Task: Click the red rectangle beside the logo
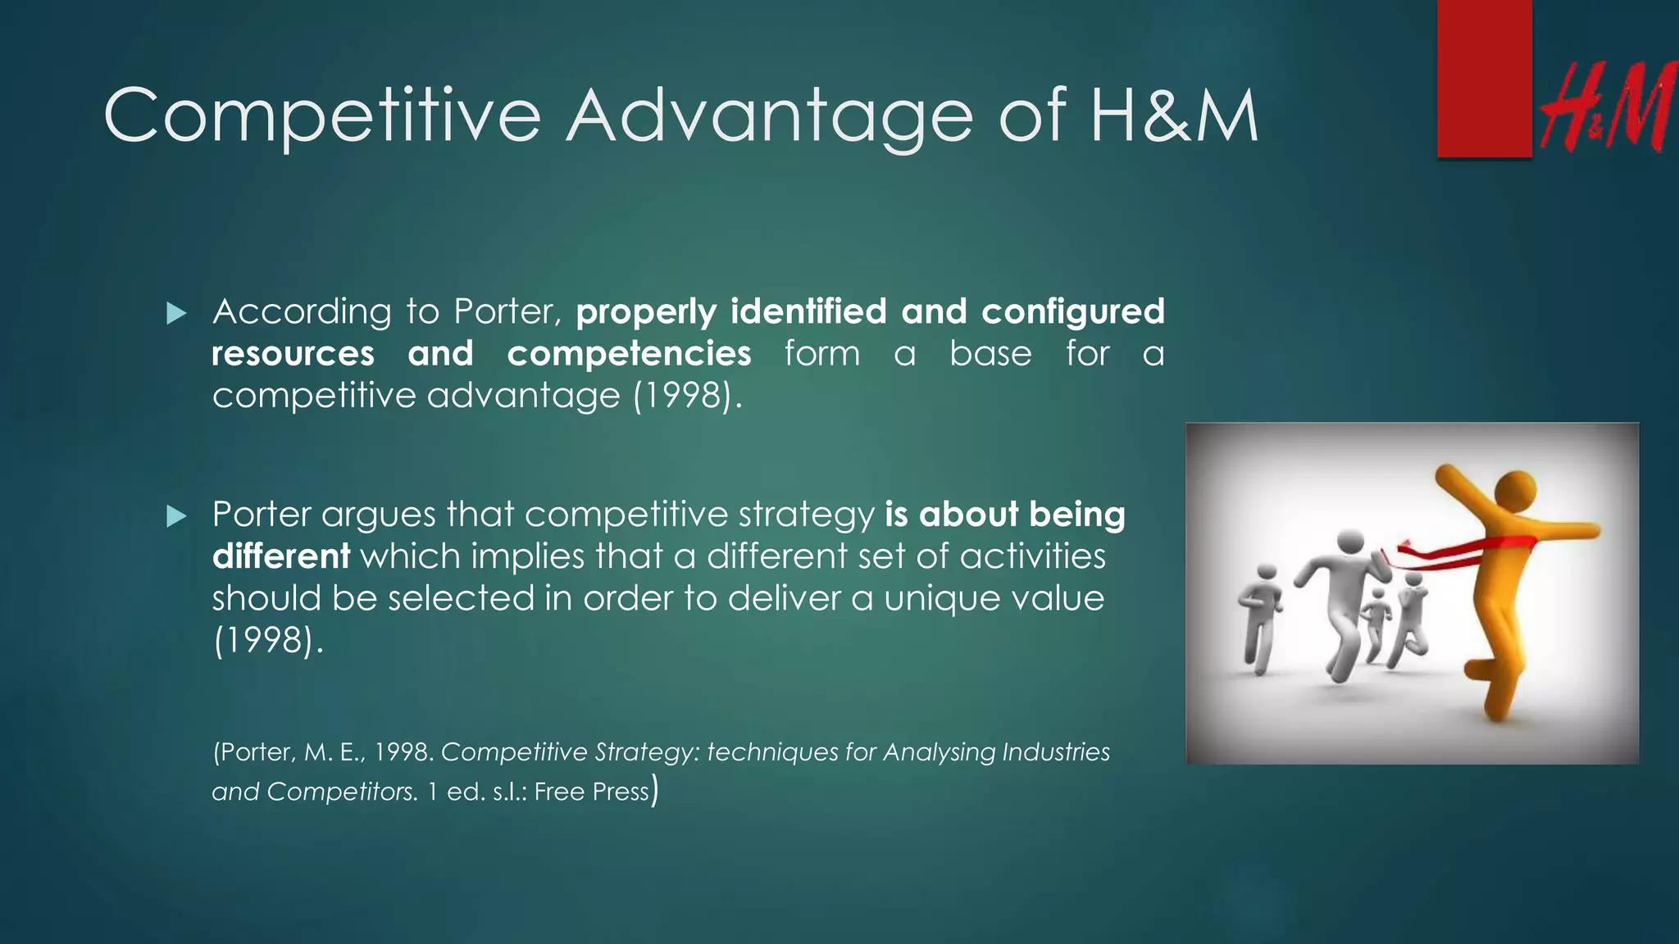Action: pyautogui.click(x=1484, y=79)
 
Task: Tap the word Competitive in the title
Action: pyautogui.click(x=322, y=116)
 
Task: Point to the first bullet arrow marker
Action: pyautogui.click(x=176, y=313)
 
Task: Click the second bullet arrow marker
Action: pyautogui.click(x=176, y=516)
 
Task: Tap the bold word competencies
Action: pyautogui.click(x=629, y=354)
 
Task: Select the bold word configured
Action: pyautogui.click(x=1072, y=312)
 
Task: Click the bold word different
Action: pyautogui.click(x=281, y=556)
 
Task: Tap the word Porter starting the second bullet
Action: pyautogui.click(x=262, y=515)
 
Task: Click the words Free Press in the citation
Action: pyautogui.click(x=591, y=792)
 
